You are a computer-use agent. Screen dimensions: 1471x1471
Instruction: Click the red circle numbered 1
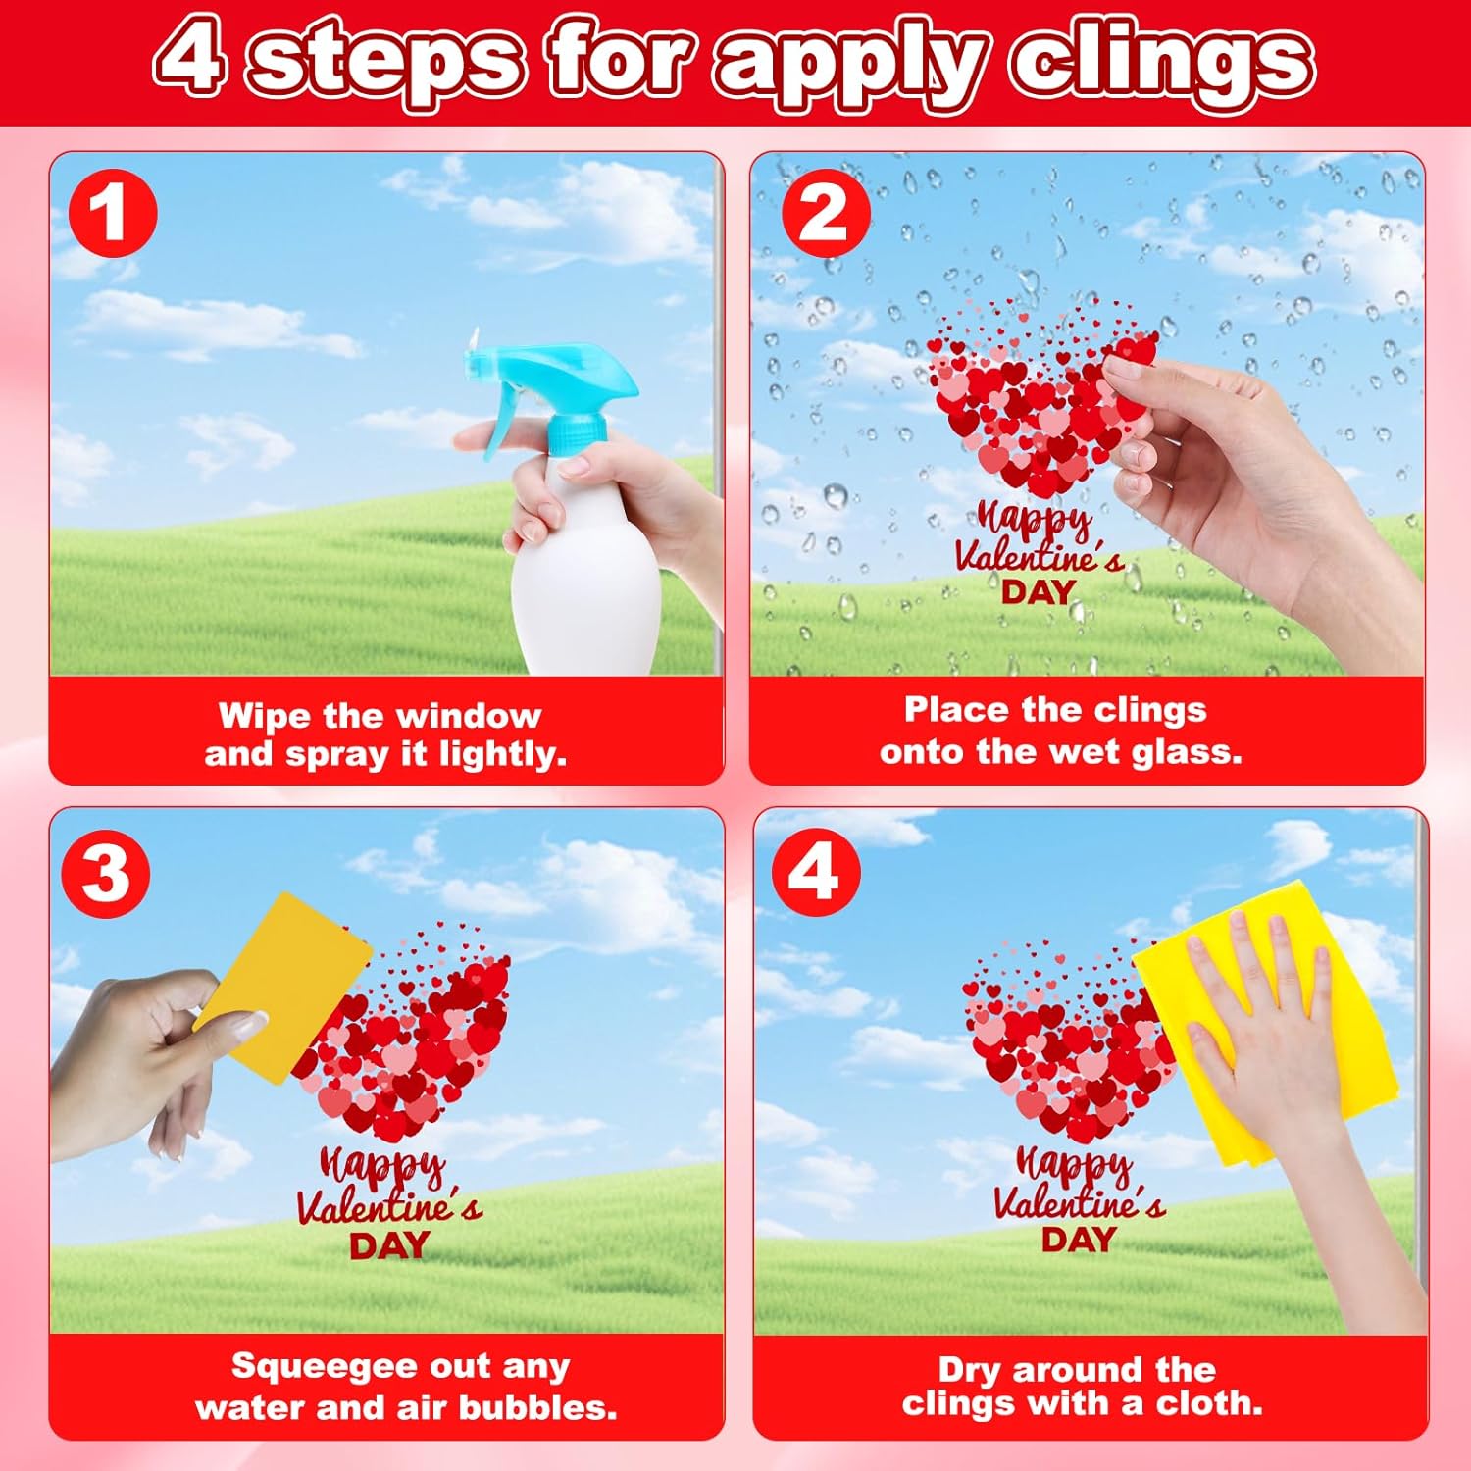[113, 213]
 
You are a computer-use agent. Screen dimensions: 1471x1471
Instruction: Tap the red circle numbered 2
[826, 213]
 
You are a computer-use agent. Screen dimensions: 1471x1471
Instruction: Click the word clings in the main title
[1163, 62]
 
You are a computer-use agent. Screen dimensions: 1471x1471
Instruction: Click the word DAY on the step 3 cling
[389, 1245]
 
